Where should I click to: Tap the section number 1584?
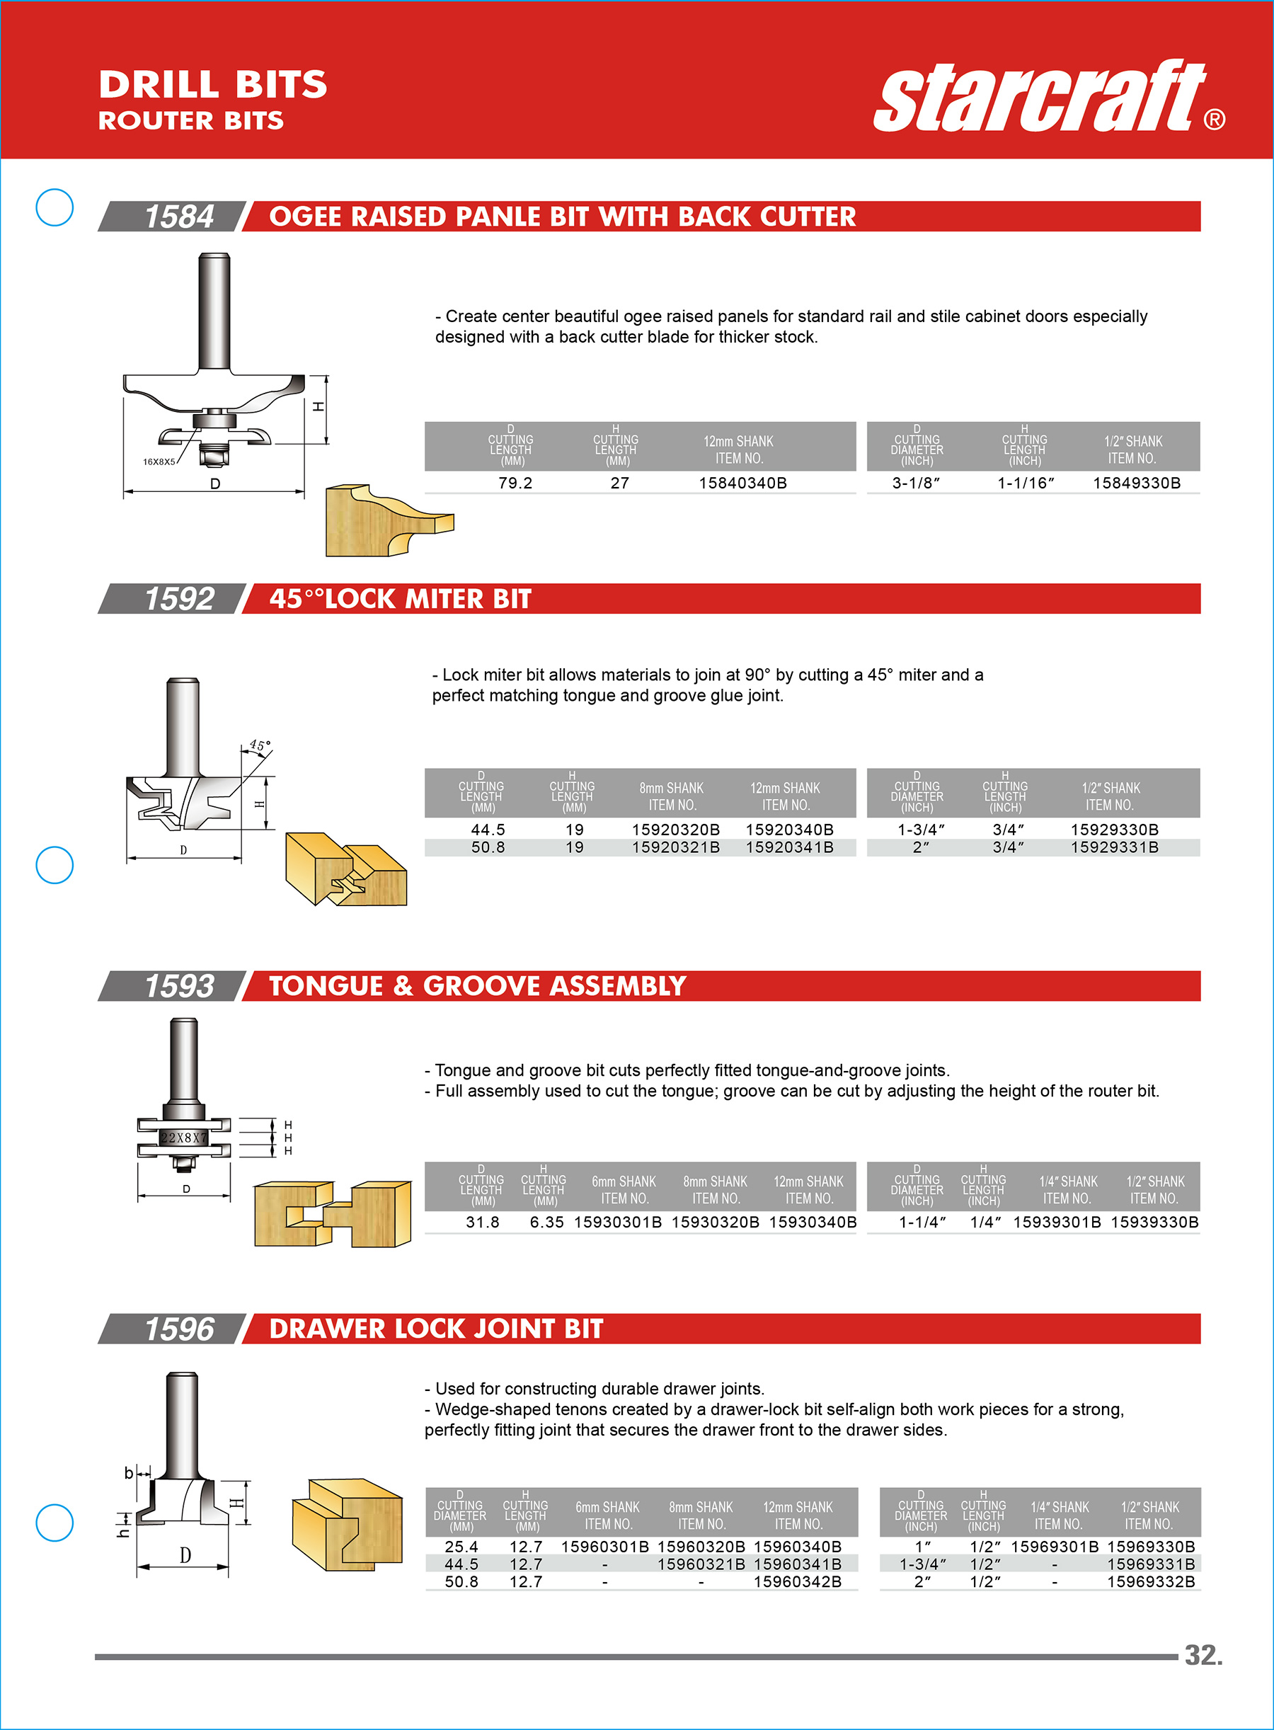(x=179, y=217)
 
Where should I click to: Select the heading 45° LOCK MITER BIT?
(x=400, y=599)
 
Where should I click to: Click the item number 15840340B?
(x=742, y=483)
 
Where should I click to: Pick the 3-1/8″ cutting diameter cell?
(x=916, y=483)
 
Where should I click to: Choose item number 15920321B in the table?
(x=675, y=847)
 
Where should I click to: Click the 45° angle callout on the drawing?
(x=260, y=746)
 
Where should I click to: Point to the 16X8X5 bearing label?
(x=159, y=462)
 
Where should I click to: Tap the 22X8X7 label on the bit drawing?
(x=183, y=1138)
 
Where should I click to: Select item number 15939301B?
(x=1057, y=1222)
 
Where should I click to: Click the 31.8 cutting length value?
(x=483, y=1222)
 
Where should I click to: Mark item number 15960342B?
(x=798, y=1581)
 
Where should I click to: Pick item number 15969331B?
(x=1151, y=1564)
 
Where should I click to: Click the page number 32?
(x=1203, y=1655)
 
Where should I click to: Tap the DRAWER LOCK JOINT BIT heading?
(x=436, y=1328)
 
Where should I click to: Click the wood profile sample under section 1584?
(x=389, y=520)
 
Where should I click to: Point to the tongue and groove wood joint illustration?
(x=333, y=1213)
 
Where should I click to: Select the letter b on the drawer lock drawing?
(x=129, y=1473)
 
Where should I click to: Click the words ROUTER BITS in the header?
(x=191, y=120)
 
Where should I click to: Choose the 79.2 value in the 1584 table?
(x=515, y=483)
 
